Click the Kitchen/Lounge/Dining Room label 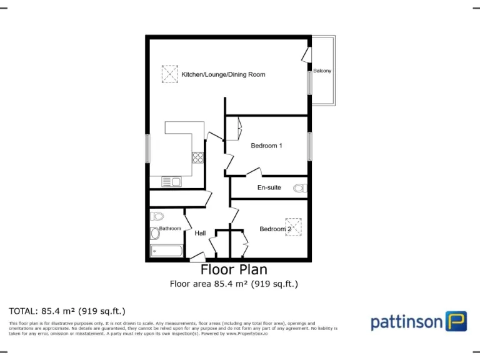223,74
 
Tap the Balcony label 322,71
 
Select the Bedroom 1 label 266,146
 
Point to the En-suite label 269,187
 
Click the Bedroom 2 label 275,229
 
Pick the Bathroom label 170,229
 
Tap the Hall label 200,233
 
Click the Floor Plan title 234,270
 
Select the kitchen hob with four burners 197,157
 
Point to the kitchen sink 171,182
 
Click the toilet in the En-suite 299,187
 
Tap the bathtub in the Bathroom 166,251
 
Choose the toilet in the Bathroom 157,216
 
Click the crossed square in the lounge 170,74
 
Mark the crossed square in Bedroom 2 294,226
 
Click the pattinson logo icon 456,321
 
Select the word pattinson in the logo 406,322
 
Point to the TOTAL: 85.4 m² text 67,311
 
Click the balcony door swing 306,55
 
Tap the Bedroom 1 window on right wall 309,146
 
